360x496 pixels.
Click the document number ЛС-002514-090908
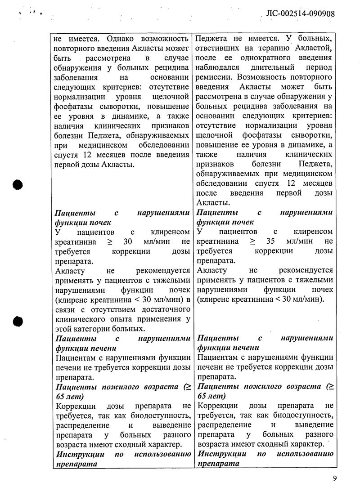pos(297,13)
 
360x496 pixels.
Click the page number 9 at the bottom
pos(335,478)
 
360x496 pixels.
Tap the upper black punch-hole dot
pos(18,185)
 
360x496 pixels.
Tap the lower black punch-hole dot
pos(18,321)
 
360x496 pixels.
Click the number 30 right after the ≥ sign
pos(128,241)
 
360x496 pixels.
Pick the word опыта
pos(125,319)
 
